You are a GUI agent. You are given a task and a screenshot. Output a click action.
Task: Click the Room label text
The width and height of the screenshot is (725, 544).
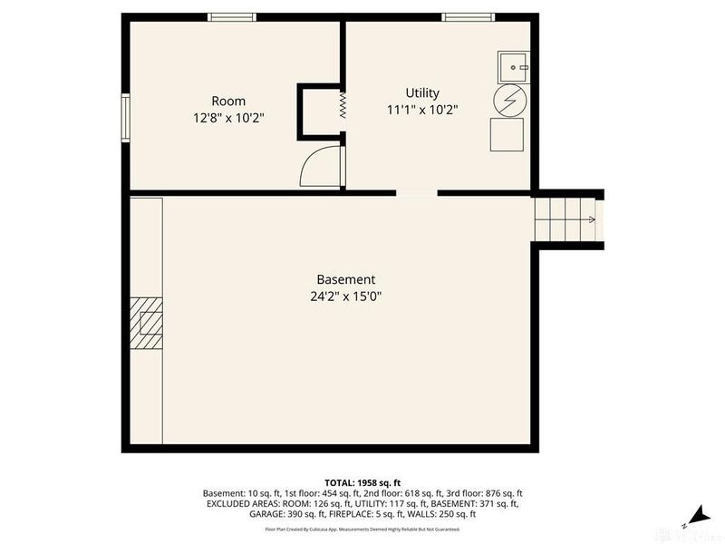click(228, 101)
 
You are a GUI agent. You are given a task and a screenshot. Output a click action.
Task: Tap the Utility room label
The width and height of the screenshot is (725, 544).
click(422, 92)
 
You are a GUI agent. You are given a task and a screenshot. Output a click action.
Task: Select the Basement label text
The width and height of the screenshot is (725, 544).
click(345, 279)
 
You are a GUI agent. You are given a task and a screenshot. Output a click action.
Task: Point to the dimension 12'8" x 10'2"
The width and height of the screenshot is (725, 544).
click(228, 117)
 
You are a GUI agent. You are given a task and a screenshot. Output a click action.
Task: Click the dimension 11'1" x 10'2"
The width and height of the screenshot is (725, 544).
click(422, 110)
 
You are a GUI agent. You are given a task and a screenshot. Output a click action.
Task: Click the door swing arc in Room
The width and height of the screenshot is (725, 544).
click(317, 168)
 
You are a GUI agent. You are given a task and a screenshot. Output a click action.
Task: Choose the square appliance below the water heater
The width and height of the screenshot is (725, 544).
click(507, 134)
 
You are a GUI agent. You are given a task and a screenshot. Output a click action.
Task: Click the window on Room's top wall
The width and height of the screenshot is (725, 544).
click(231, 16)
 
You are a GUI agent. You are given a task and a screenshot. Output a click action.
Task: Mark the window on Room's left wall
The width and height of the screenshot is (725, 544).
click(126, 118)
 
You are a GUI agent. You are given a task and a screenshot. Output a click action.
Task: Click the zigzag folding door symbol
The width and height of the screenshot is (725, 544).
click(343, 105)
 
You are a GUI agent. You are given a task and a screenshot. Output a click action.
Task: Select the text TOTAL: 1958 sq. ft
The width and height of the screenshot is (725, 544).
click(362, 481)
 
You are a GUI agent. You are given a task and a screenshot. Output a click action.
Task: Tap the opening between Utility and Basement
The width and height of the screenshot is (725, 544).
click(417, 193)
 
